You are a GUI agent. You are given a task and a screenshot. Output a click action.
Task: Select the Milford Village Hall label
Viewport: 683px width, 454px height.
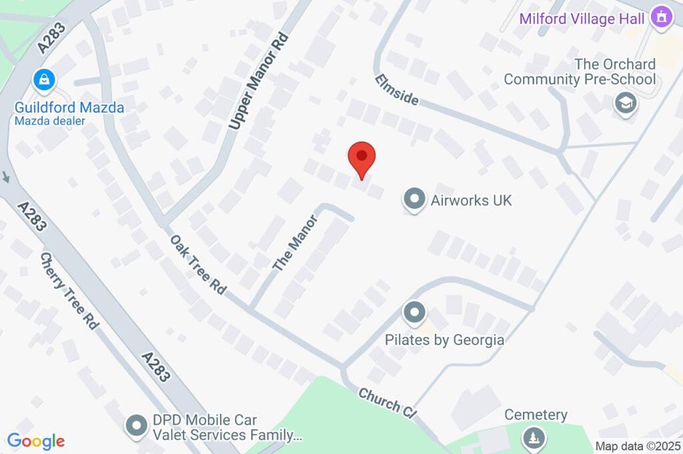(x=582, y=18)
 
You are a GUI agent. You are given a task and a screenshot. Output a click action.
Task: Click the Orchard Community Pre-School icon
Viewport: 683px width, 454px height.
(x=625, y=103)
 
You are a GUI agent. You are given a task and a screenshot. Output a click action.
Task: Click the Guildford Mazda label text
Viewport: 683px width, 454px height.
(x=69, y=107)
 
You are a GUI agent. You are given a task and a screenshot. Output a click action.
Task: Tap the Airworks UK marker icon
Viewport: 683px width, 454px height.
(x=414, y=200)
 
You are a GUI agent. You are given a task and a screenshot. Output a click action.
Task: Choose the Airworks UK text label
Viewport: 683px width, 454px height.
(x=472, y=200)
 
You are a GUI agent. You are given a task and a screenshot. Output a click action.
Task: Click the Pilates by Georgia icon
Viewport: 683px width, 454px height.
(x=414, y=312)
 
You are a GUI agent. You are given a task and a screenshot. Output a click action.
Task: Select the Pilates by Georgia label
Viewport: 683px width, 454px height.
(x=444, y=340)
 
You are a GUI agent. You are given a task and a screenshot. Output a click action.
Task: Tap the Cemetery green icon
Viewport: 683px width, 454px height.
(x=534, y=438)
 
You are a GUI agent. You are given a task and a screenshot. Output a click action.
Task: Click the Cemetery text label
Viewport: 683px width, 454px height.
(x=536, y=415)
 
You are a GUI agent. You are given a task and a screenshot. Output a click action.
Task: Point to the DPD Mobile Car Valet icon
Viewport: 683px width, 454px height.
(x=137, y=425)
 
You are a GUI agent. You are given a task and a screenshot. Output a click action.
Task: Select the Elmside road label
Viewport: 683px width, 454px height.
(x=396, y=89)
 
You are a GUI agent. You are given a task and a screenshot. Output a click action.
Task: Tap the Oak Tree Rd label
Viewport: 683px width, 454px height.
(x=198, y=265)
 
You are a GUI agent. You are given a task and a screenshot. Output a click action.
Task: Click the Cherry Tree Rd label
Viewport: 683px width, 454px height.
(x=69, y=290)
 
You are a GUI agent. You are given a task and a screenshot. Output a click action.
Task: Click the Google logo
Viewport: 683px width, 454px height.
(x=36, y=441)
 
